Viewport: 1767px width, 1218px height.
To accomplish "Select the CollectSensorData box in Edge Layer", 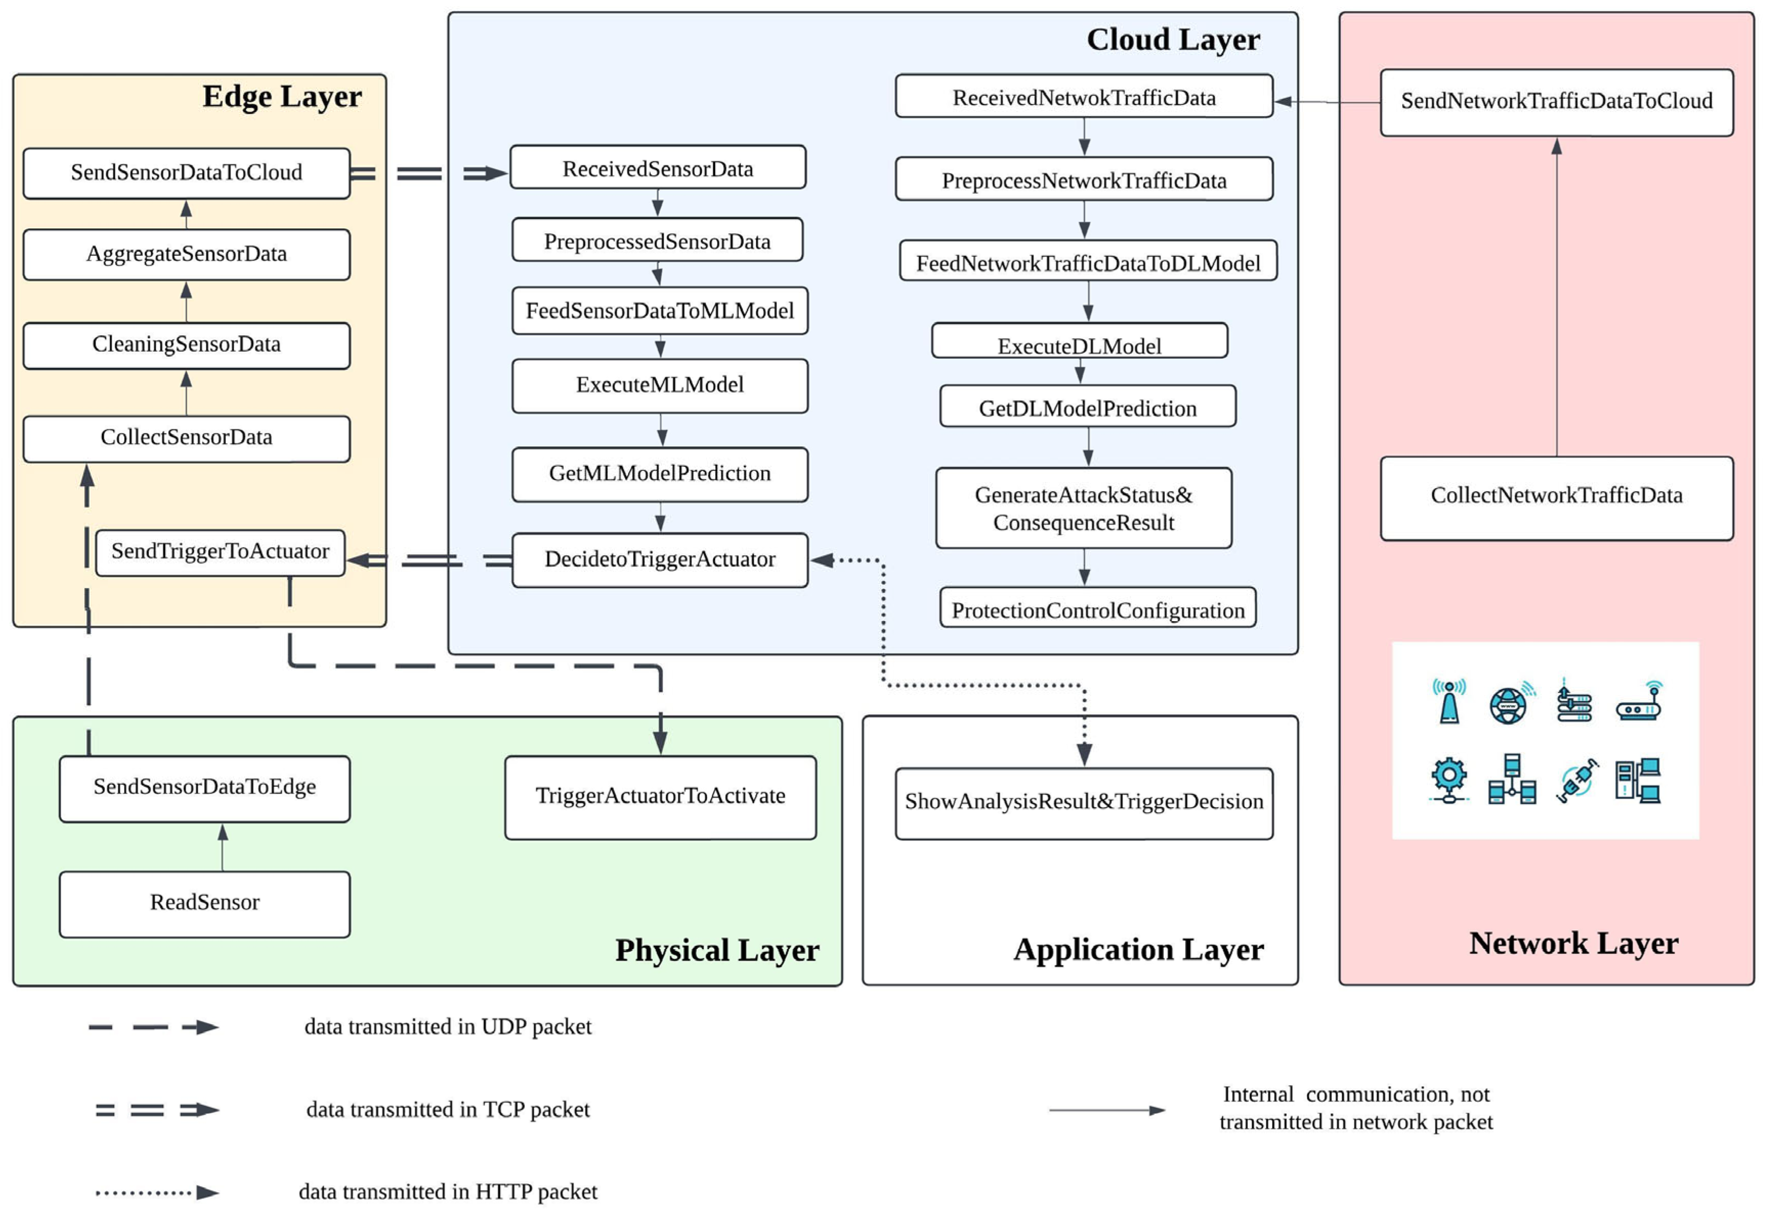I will pyautogui.click(x=186, y=438).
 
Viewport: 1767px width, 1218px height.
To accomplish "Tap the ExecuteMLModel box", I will pyautogui.click(x=659, y=385).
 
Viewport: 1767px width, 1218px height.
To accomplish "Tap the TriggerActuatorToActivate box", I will pyautogui.click(x=659, y=797).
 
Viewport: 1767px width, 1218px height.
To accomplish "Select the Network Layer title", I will pyautogui.click(x=1573, y=943).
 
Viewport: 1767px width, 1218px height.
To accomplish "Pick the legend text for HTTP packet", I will pyautogui.click(x=447, y=1191).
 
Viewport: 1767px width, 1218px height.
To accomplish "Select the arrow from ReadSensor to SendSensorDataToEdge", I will pyautogui.click(x=222, y=846).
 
